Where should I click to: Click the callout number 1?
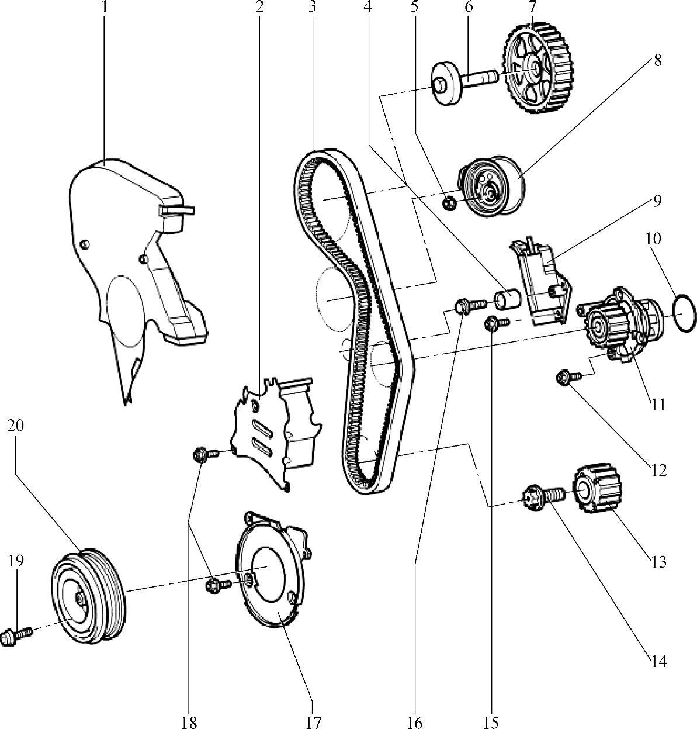tap(105, 7)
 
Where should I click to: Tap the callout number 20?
tap(15, 426)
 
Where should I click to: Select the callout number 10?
tap(653, 239)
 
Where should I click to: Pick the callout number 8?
tap(658, 60)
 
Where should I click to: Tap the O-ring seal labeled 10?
tap(684, 313)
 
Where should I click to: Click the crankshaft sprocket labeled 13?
tap(597, 488)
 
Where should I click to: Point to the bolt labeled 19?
tap(16, 635)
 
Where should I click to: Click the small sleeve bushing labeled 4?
tap(507, 299)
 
